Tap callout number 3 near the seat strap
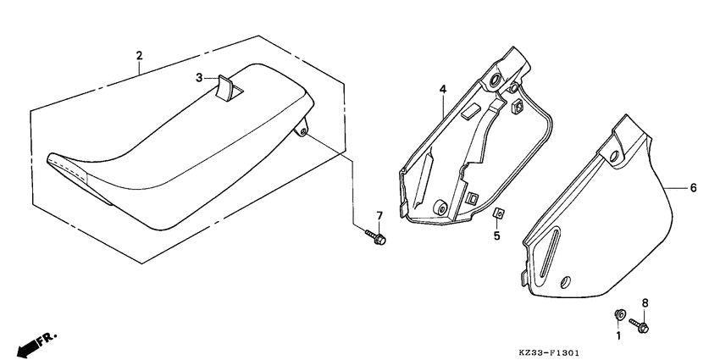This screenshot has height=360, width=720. (x=200, y=77)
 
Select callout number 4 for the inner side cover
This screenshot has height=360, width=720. (x=441, y=88)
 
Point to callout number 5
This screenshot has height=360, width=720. (x=498, y=238)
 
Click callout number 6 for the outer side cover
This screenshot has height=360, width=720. (x=693, y=188)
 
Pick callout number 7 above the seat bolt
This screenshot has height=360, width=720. (x=379, y=215)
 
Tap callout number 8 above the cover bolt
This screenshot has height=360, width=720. (x=645, y=302)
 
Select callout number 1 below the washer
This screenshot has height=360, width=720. (x=618, y=336)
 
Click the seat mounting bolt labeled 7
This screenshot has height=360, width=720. (x=376, y=238)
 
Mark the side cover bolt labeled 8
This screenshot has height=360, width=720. (x=640, y=324)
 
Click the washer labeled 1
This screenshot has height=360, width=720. (x=619, y=316)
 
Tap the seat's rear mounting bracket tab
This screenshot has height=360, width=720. (x=302, y=129)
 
